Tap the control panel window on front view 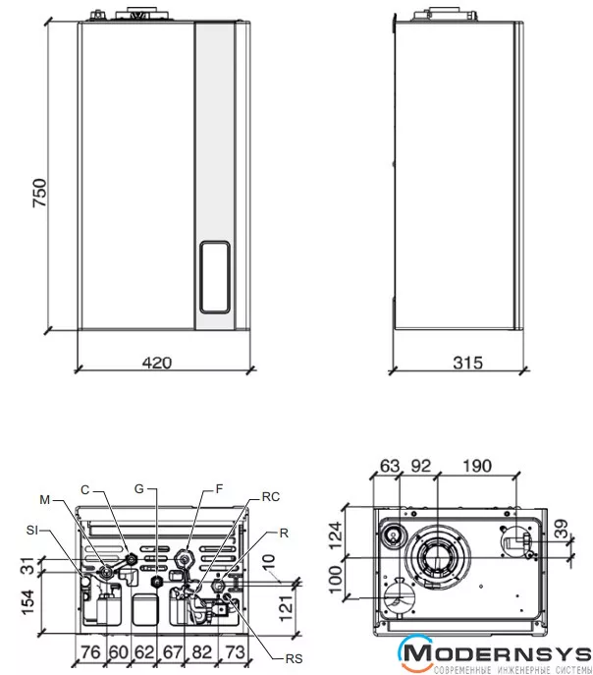pos(216,275)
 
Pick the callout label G pos(140,488)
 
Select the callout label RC pos(271,498)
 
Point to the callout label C pos(85,488)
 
